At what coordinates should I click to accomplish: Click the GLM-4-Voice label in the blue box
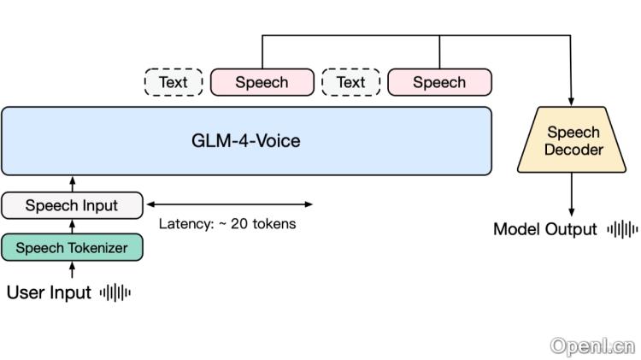point(246,141)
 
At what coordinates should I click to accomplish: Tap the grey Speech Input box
point(72,205)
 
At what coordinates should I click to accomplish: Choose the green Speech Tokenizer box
point(72,248)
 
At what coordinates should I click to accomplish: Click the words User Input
point(49,292)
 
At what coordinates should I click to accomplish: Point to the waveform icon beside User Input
point(115,292)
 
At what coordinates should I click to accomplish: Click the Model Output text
point(545,229)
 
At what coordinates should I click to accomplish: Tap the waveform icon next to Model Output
point(622,229)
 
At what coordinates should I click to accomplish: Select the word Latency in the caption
point(185,225)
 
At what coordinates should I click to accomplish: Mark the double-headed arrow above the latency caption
point(230,204)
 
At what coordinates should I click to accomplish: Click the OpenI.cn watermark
point(592,346)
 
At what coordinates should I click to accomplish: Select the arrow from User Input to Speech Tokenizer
point(72,270)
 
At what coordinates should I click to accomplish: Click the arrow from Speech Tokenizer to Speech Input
point(72,227)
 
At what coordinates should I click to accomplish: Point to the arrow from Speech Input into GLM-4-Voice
point(72,184)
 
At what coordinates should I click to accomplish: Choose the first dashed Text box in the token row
point(173,82)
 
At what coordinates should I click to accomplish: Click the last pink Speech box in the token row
point(439,82)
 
